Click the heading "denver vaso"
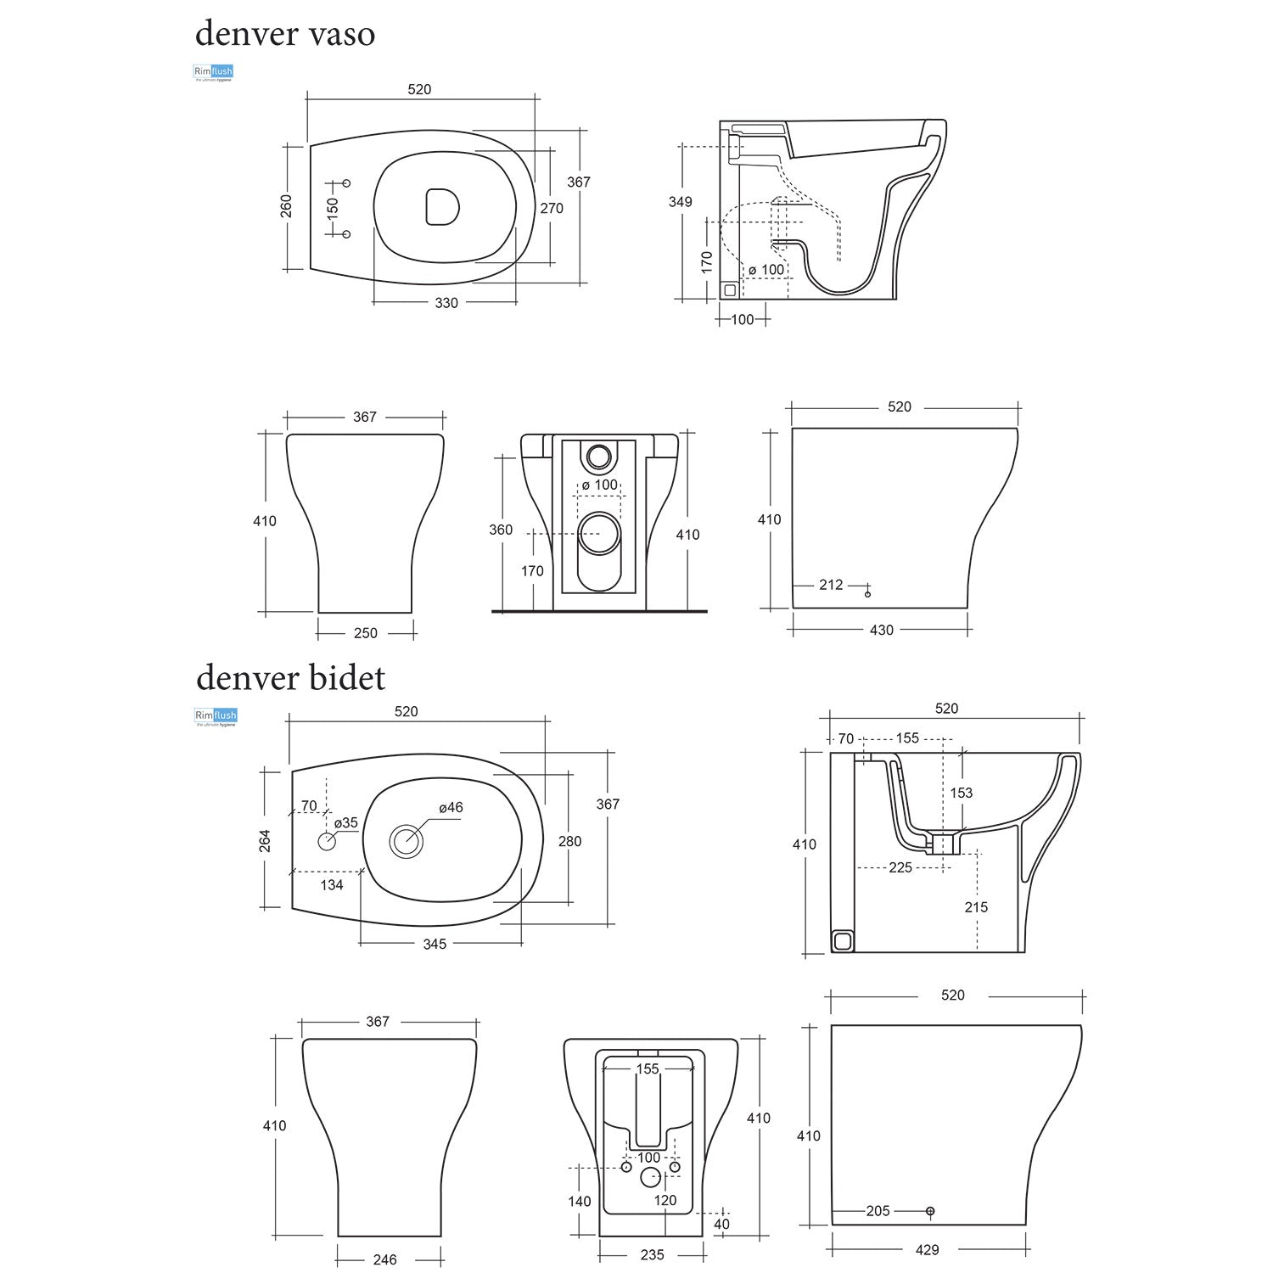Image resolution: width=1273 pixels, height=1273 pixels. tap(285, 34)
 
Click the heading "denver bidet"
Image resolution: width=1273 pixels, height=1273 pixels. tap(290, 678)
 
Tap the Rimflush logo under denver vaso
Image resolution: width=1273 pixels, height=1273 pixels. tap(213, 73)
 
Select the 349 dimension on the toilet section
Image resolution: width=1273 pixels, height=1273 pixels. tap(680, 202)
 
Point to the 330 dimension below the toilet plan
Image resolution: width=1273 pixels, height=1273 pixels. tap(446, 303)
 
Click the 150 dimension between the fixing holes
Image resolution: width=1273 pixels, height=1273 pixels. tap(332, 208)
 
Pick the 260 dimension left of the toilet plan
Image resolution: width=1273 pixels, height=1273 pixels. tap(286, 206)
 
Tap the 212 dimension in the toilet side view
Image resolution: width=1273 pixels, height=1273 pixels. tap(831, 585)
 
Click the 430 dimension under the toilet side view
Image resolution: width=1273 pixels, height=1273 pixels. tap(882, 630)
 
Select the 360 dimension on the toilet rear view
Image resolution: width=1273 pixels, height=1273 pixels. tap(501, 530)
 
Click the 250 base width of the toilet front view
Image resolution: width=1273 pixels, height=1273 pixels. tap(366, 632)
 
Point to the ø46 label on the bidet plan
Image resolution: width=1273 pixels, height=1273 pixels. tap(451, 807)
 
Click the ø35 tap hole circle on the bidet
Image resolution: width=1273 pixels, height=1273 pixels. tap(328, 842)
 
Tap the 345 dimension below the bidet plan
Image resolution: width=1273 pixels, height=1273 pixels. tap(435, 944)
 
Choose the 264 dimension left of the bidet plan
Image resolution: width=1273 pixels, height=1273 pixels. tap(266, 841)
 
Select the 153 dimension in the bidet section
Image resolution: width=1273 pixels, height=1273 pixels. tap(961, 793)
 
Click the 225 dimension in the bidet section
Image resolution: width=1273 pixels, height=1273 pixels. tap(900, 867)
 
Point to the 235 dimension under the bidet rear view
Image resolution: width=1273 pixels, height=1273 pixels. tap(652, 1254)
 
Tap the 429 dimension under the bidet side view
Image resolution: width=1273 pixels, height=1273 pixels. tap(928, 1249)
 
